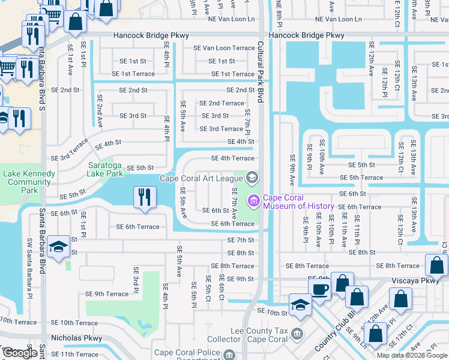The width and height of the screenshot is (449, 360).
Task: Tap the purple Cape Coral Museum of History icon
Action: tap(253, 200)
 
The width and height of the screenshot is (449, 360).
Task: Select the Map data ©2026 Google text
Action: tap(412, 355)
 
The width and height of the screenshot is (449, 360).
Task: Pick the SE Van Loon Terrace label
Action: tap(223, 48)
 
